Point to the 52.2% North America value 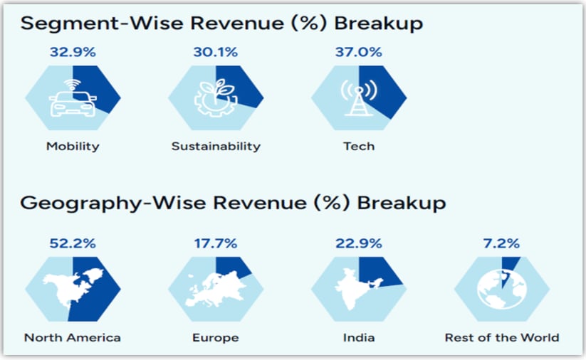coord(73,243)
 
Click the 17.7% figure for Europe coord(216,243)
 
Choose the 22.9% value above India coord(358,243)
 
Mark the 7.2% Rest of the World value coord(501,243)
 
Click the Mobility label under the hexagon coord(73,147)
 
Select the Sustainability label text coord(216,147)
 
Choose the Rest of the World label coord(502,337)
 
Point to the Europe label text coord(216,337)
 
